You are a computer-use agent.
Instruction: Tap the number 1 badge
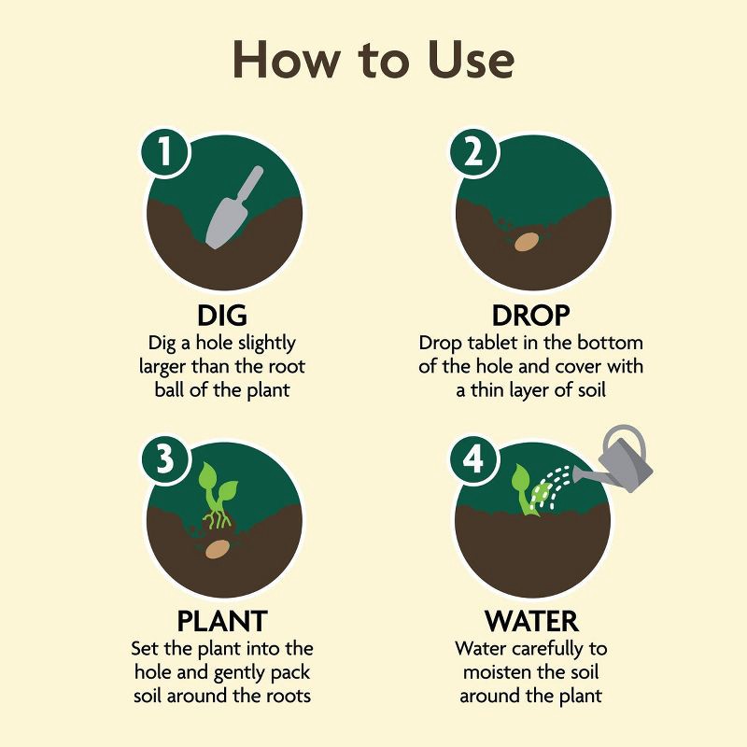[165, 153]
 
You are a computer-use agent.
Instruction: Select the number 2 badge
[472, 153]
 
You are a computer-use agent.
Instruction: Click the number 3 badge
[165, 462]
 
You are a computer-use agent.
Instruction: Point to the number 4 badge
[472, 462]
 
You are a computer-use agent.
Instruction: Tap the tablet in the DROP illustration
[528, 242]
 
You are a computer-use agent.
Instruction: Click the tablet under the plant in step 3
[219, 549]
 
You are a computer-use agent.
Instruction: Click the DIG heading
[222, 316]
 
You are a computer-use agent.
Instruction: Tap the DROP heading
[530, 316]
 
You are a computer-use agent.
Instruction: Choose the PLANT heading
[222, 621]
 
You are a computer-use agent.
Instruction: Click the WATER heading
[530, 621]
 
